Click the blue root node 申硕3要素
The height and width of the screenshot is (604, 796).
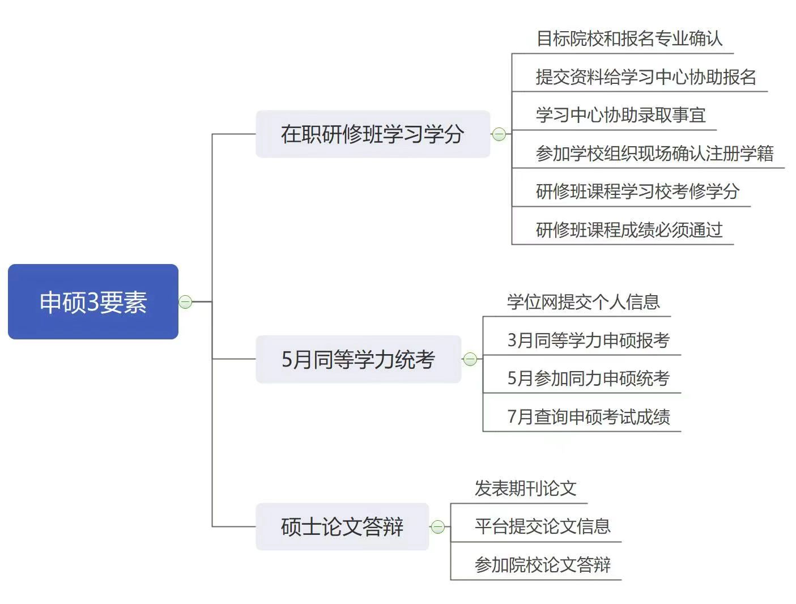[x=93, y=301]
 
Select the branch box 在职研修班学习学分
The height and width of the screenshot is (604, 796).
[x=372, y=134]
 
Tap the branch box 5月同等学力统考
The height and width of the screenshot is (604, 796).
[x=358, y=359]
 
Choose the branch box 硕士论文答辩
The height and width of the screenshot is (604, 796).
[x=342, y=527]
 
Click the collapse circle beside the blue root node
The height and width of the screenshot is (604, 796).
[x=185, y=302]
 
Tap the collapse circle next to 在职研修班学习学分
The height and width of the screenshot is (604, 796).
[x=499, y=134]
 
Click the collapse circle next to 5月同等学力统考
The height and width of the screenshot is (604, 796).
[x=470, y=359]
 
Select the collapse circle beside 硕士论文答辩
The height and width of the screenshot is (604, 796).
[x=437, y=527]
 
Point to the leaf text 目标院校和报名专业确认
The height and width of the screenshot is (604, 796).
[x=629, y=39]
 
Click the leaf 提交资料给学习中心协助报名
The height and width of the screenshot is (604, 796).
[x=646, y=76]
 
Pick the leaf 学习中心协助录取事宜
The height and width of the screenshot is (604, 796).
[x=620, y=115]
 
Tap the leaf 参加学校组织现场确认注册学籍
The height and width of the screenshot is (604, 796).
[x=654, y=154]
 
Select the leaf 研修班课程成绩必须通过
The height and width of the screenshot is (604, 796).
[x=629, y=229]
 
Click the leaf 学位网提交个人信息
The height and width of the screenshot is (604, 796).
[x=583, y=302]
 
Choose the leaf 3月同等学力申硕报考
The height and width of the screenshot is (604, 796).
[x=588, y=340]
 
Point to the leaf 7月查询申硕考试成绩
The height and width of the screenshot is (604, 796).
[x=588, y=417]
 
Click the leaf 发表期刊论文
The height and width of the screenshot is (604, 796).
[x=525, y=488]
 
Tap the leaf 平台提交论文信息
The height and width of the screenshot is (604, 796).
[x=542, y=526]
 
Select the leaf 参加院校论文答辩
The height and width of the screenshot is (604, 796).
[x=542, y=565]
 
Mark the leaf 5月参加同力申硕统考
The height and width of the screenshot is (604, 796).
[x=588, y=378]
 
